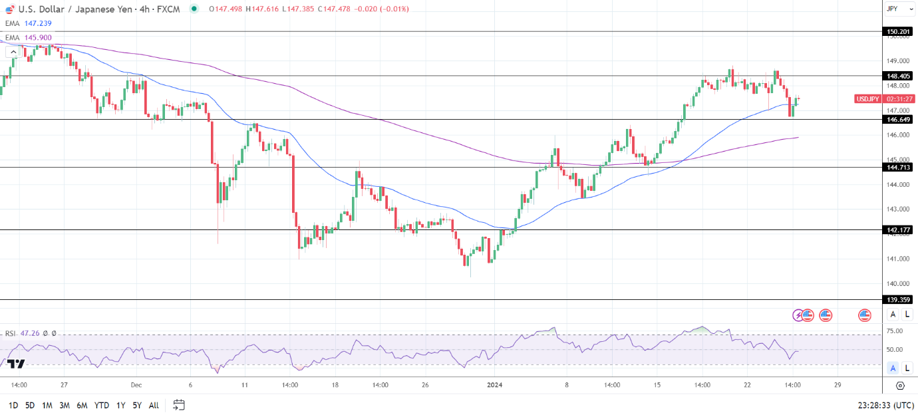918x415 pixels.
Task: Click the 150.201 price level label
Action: [x=899, y=31]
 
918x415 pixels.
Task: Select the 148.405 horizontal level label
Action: [x=899, y=76]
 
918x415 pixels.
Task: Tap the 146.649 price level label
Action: [x=899, y=120]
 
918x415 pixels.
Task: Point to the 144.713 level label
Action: [x=899, y=168]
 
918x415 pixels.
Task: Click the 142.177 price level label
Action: [x=899, y=230]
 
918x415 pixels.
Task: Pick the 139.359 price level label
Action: [x=899, y=300]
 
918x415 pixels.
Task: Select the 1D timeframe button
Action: [x=13, y=405]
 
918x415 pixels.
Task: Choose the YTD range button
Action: [x=102, y=405]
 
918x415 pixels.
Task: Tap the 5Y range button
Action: [x=136, y=405]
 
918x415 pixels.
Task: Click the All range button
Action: [x=154, y=405]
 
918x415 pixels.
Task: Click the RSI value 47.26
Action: [x=30, y=334]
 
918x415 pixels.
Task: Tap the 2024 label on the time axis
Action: [x=495, y=384]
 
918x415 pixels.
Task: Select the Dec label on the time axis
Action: [x=136, y=384]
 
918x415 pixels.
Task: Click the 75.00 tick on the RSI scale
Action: [x=895, y=331]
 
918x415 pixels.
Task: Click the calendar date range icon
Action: [x=178, y=405]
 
